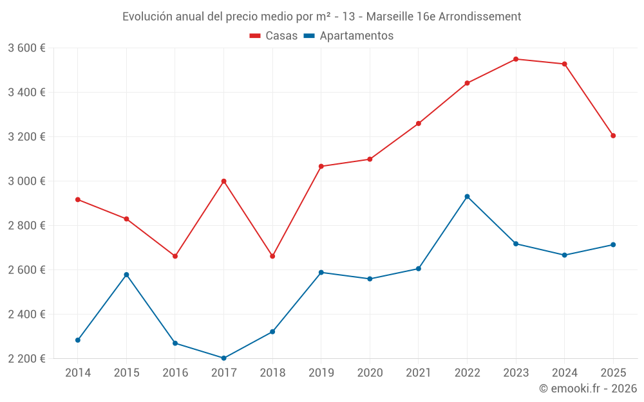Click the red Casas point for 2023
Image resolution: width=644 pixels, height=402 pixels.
tap(516, 59)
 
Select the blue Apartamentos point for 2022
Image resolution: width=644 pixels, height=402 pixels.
tap(467, 197)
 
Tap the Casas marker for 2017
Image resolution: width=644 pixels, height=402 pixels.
tap(223, 181)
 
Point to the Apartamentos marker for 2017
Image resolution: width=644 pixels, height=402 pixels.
tap(223, 358)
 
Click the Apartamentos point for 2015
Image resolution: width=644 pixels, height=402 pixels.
tap(126, 275)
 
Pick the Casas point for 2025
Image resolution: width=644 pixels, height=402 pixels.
tap(613, 136)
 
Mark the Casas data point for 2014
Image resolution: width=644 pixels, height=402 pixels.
tap(78, 199)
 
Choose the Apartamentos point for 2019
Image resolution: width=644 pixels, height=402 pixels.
tap(321, 272)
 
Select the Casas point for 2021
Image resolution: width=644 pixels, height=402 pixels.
tap(419, 123)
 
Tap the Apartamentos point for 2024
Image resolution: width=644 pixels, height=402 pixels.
tap(565, 255)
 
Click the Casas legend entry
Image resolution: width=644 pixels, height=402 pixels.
tap(274, 36)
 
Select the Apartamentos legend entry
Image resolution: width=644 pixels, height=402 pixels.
tap(348, 36)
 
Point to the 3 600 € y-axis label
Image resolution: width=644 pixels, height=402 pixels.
tap(26, 48)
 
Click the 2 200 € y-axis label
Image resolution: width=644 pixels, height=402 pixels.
tap(26, 359)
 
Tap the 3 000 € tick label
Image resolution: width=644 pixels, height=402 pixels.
tap(26, 181)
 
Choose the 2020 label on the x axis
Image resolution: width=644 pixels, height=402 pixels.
tap(370, 373)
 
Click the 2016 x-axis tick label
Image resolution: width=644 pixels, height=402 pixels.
tap(175, 373)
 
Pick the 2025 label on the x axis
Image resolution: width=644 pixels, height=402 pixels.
tap(613, 373)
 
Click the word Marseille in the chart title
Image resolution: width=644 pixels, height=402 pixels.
tap(388, 17)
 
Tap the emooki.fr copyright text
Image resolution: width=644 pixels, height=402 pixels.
tap(588, 388)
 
